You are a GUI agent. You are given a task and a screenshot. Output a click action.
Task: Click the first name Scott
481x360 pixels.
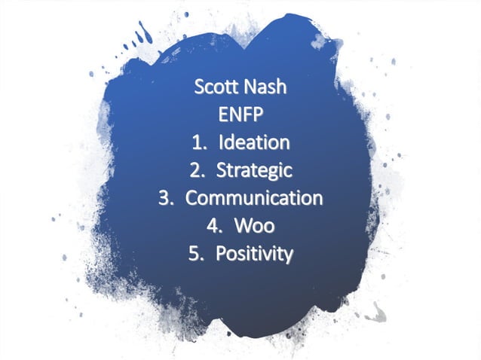click(216, 87)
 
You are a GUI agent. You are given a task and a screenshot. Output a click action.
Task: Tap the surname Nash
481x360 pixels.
click(264, 87)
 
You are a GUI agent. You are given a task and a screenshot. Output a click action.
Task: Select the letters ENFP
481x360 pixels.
click(240, 114)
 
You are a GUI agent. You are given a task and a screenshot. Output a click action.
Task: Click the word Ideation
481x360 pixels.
click(255, 142)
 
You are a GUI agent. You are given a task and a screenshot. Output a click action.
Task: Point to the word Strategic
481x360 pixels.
click(254, 171)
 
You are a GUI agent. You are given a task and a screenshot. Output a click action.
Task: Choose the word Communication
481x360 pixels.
click(254, 198)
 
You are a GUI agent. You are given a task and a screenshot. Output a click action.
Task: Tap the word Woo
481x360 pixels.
click(254, 226)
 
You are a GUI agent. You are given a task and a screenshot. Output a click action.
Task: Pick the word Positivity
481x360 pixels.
click(254, 254)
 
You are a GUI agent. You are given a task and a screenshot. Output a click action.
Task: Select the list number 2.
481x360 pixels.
click(195, 171)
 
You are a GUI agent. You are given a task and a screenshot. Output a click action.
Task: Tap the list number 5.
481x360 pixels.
click(195, 255)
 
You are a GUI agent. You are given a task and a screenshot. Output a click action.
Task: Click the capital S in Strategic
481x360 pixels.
click(222, 171)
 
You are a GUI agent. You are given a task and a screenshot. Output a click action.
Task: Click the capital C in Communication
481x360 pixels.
click(192, 199)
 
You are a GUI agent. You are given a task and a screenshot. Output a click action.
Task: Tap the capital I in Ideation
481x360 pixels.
click(222, 142)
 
